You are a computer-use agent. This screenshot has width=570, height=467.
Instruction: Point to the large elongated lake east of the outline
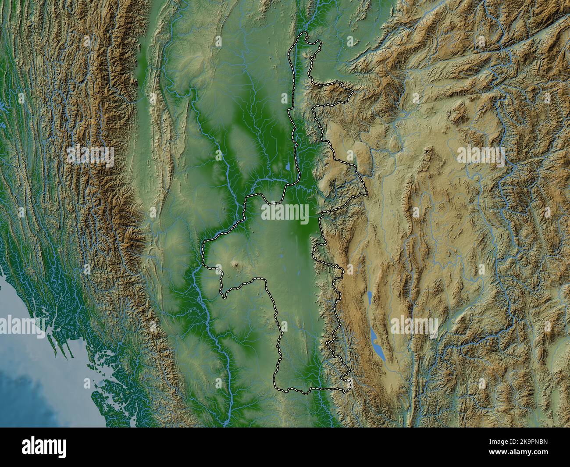pos(376,344)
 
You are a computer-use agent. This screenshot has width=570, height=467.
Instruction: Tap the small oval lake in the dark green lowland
pos(287,168)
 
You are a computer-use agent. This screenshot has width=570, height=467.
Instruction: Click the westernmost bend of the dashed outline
pos(203,254)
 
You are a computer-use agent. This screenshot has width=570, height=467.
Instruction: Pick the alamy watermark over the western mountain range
pos(90,156)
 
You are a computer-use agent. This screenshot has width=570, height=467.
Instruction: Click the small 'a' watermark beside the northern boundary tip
pos(350,42)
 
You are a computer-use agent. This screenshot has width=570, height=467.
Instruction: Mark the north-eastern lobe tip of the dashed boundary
pos(352,91)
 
